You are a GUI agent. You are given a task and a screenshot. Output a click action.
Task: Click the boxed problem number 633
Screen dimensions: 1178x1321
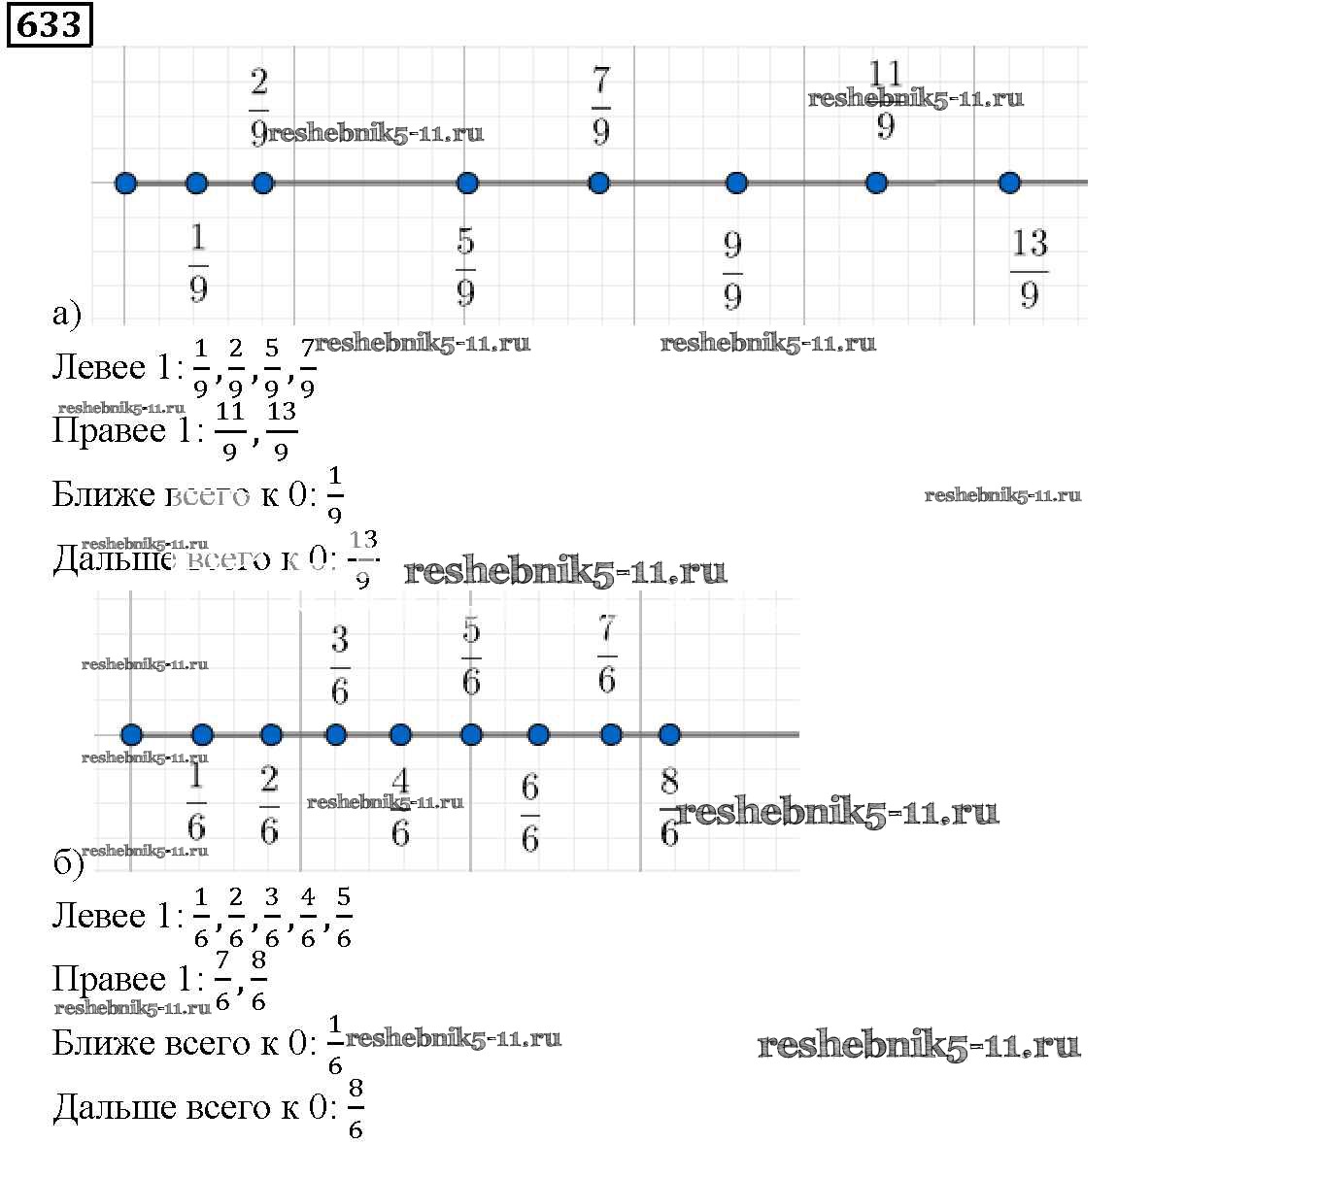[50, 24]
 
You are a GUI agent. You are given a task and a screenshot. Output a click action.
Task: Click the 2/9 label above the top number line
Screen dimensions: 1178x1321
[258, 107]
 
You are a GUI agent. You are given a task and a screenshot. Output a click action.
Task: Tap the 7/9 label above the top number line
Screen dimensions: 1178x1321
[600, 105]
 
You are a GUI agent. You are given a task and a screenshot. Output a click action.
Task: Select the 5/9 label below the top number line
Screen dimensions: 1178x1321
[465, 266]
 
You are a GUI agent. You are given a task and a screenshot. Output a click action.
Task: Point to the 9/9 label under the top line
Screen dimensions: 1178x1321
[733, 271]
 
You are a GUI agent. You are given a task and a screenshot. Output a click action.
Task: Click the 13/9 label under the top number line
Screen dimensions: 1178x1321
[1030, 268]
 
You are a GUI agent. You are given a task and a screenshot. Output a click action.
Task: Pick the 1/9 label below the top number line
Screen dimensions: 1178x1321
[198, 262]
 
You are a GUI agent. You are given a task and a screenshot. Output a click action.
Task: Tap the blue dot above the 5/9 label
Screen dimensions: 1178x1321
[467, 183]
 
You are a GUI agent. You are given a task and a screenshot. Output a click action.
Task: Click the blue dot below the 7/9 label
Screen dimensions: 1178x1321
[599, 183]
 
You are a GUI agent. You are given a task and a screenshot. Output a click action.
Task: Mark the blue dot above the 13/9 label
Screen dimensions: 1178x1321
[1010, 183]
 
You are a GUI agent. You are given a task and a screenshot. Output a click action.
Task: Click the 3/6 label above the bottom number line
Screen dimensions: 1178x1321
[339, 665]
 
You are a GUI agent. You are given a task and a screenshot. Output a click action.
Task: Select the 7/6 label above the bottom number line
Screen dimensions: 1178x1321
[607, 655]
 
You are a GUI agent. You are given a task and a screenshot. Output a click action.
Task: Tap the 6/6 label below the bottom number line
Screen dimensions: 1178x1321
[529, 812]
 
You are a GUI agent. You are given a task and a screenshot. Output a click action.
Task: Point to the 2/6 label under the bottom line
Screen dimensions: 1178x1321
[269, 804]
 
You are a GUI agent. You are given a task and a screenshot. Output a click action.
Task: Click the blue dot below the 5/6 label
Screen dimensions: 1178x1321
[471, 735]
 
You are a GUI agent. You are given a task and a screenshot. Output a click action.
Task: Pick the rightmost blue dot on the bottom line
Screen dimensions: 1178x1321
[669, 735]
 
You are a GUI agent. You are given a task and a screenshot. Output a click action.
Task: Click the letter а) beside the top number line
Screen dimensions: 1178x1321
[66, 314]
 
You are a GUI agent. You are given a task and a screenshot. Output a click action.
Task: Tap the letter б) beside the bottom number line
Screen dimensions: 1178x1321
[68, 862]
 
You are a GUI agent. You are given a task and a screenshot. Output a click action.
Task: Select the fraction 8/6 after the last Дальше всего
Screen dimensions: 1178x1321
[356, 1108]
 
